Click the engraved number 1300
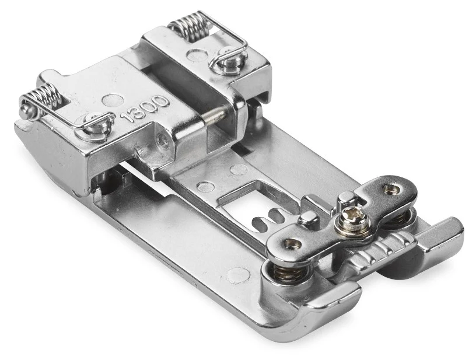tap(145, 109)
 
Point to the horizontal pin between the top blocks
tap(216, 114)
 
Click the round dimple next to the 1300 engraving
tap(113, 100)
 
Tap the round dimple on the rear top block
tap(197, 55)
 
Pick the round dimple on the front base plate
tap(239, 275)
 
